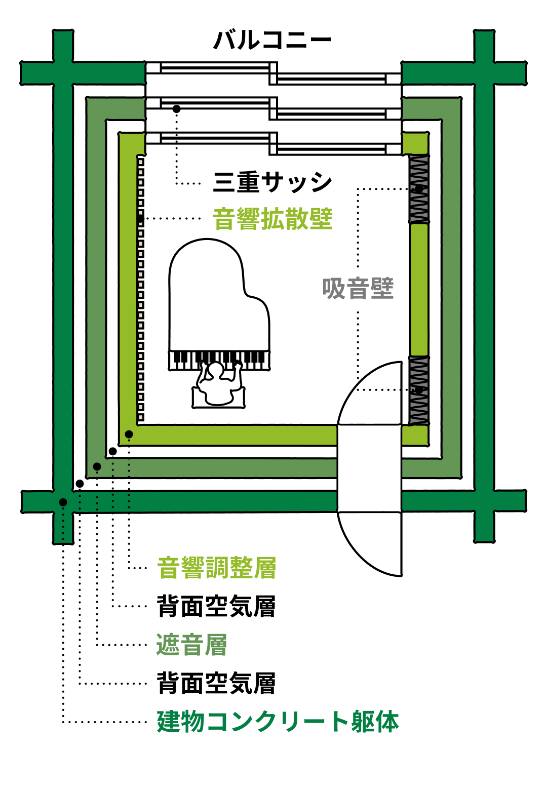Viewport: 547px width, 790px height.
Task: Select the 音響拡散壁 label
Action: point(272,219)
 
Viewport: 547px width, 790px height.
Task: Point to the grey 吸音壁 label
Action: point(358,289)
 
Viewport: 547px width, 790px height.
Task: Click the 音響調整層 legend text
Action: point(216,568)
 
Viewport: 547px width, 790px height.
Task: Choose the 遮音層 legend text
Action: point(191,645)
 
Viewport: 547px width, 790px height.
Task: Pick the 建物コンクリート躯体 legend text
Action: point(278,722)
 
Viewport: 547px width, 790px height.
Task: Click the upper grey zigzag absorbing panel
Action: point(419,189)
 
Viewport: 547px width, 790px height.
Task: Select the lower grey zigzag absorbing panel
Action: point(419,390)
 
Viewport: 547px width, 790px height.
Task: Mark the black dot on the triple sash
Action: point(176,109)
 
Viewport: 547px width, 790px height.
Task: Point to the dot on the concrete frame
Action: point(63,502)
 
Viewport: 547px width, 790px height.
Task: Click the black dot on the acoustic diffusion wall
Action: point(140,219)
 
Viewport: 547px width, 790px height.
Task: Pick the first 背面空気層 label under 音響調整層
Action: point(216,606)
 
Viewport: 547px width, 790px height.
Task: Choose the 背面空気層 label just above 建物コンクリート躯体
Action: point(216,683)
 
